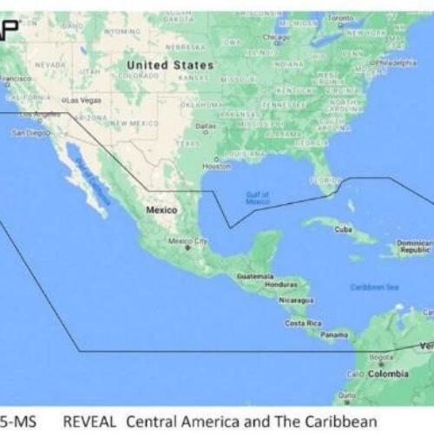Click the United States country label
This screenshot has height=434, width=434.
click(169, 65)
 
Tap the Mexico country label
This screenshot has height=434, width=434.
click(161, 210)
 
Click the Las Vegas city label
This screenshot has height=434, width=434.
click(84, 100)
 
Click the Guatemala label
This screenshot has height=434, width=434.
click(254, 276)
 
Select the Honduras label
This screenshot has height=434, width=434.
click(280, 285)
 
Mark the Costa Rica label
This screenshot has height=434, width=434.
click(303, 323)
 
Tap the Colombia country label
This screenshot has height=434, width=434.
click(389, 373)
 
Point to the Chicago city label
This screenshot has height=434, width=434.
click(277, 37)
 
